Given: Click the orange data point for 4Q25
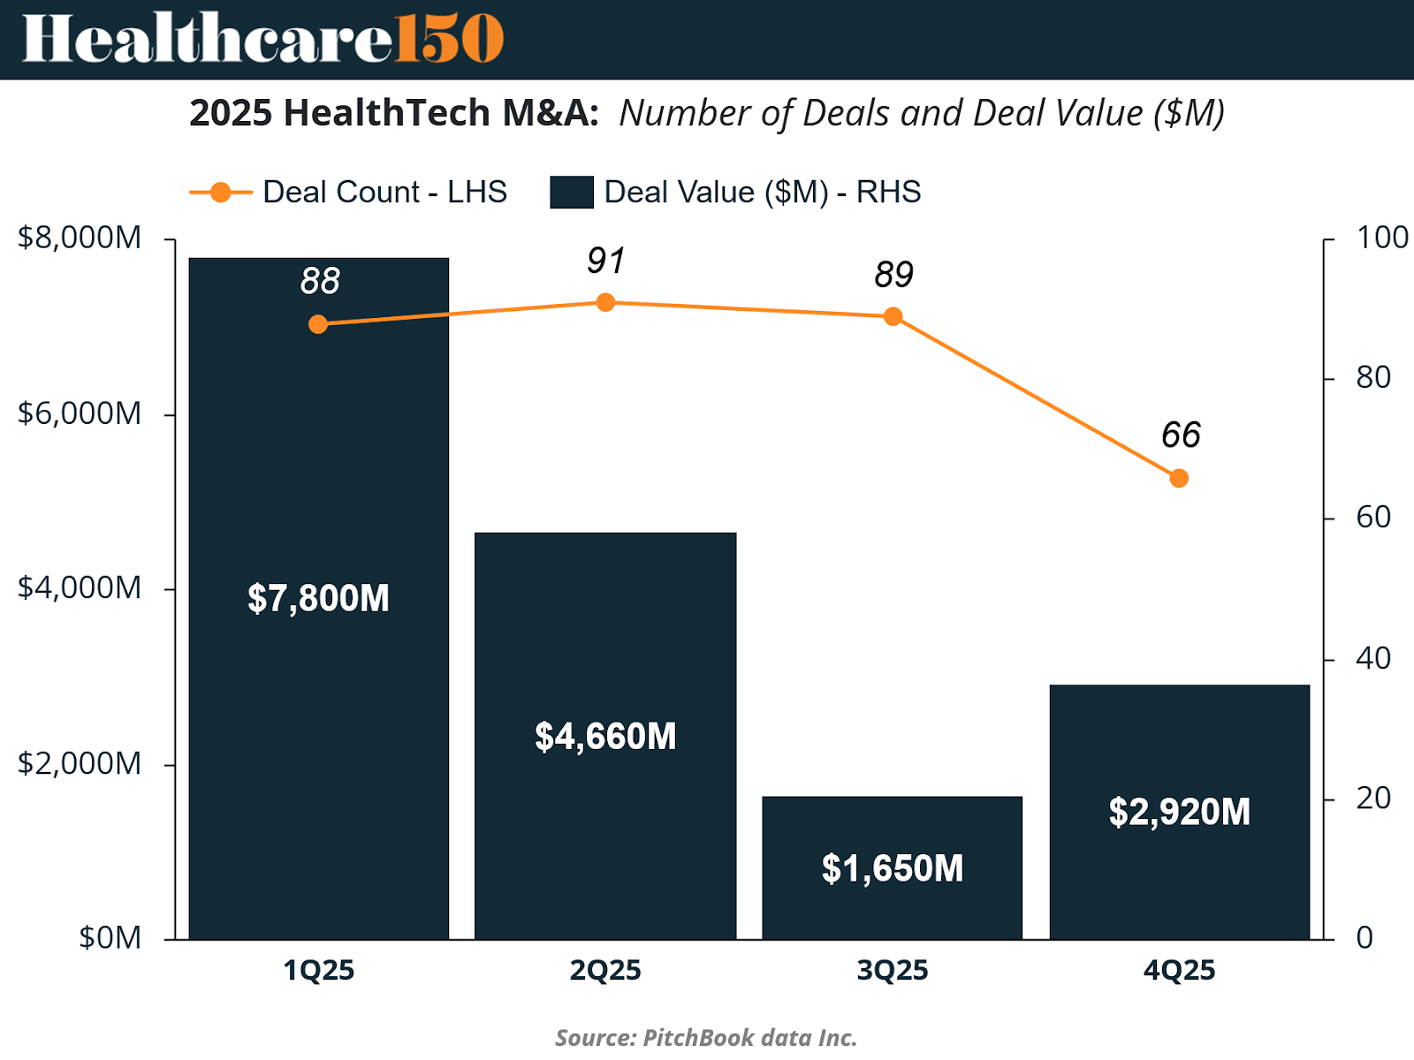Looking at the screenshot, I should coord(1179,479).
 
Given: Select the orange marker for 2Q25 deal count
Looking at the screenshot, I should coord(605,303).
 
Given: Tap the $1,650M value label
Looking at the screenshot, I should coord(893,869).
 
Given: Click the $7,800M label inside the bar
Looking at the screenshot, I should coord(318,599).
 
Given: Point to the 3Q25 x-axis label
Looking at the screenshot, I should coord(893,971).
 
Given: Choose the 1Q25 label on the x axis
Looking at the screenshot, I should coord(318,971).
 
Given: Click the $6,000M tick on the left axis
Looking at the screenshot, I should coord(80,413).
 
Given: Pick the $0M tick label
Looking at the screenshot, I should coord(110,938).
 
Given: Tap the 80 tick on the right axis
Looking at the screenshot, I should coord(1373,378).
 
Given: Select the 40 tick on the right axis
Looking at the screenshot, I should coord(1373,658).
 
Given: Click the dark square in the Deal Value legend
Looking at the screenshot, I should coord(571,193).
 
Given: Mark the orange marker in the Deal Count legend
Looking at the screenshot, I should coord(220,193).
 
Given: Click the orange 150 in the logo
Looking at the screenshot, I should coord(449,39).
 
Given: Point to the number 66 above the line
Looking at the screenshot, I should coord(1181,435).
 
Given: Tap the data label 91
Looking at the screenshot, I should coord(606,261).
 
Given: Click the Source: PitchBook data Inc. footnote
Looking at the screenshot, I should coord(706,1037).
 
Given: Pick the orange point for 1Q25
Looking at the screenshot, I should coord(318,325).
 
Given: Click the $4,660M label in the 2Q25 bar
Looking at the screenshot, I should coord(605,737).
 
